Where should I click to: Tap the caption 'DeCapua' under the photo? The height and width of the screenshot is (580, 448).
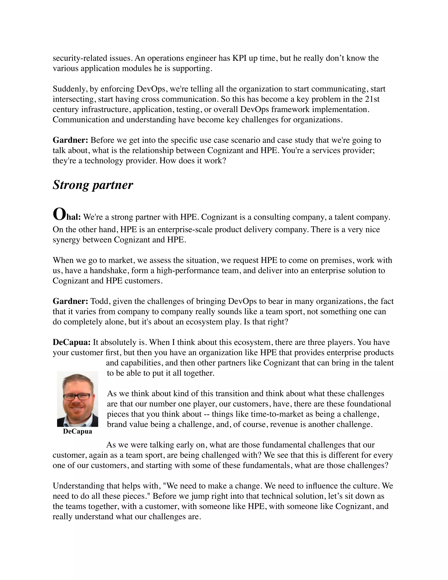pos(77,431)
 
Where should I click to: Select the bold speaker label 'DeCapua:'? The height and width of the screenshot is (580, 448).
pos(72,342)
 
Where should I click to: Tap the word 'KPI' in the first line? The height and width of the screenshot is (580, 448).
pos(240,58)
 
